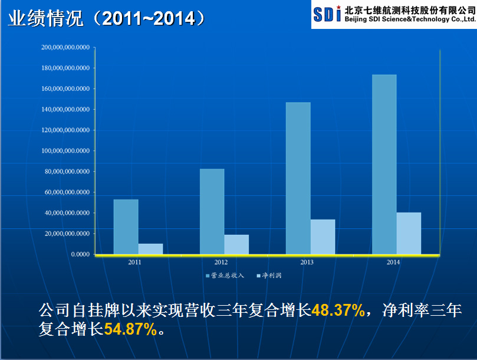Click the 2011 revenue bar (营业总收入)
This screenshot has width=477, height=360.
coord(126,227)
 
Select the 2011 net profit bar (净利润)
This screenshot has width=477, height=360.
coord(150,249)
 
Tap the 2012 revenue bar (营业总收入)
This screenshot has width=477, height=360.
coord(212,212)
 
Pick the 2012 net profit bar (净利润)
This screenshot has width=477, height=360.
coord(236,244)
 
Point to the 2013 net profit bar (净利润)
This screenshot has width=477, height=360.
coord(323,237)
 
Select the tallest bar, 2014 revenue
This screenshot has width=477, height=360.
coord(384,165)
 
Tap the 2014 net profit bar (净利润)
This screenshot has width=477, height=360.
coord(409,233)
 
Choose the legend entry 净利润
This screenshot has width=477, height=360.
coord(270,276)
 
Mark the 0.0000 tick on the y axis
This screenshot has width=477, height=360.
coord(78,254)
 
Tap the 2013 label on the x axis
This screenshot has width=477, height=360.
coord(307,262)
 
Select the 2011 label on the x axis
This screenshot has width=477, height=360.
coord(135,262)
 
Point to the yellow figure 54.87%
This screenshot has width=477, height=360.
coord(130,329)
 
